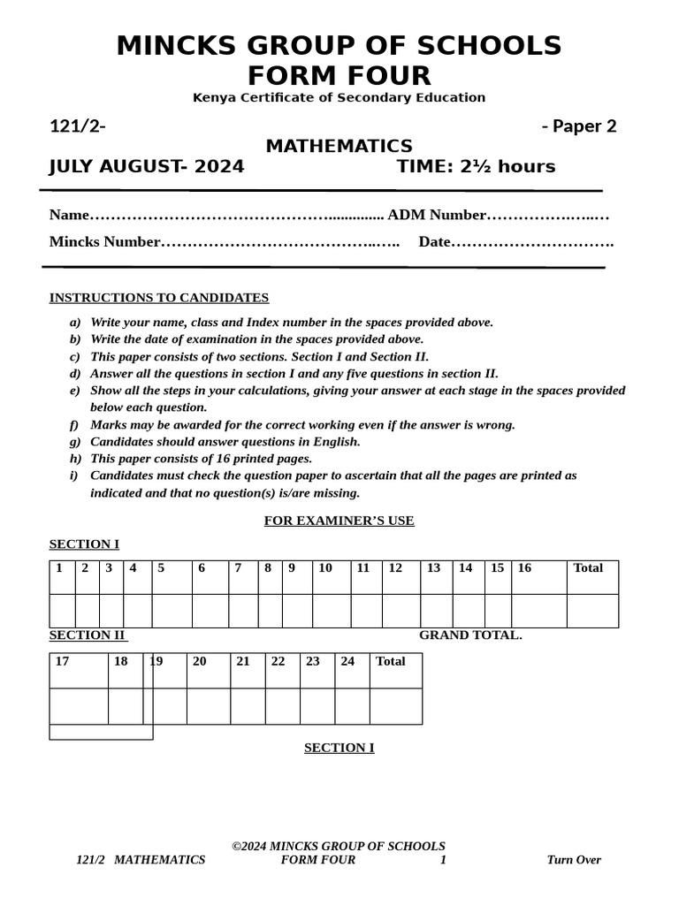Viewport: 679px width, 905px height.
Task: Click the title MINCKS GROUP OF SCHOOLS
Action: [339, 46]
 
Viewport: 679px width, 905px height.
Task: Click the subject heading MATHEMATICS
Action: [339, 146]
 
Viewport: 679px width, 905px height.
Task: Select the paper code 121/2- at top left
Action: [78, 126]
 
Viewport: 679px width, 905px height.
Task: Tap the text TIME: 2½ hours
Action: [476, 167]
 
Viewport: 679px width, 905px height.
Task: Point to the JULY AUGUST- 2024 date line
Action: [147, 167]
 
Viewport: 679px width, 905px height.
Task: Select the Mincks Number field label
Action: [105, 242]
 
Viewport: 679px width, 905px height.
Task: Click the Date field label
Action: [435, 242]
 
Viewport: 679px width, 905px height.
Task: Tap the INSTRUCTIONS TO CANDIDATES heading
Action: [159, 298]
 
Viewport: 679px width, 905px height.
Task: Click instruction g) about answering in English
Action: [225, 442]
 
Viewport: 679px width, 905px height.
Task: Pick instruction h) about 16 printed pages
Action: [201, 459]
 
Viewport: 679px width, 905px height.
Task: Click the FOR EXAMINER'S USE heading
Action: [339, 521]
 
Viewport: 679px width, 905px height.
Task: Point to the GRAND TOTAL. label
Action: [470, 635]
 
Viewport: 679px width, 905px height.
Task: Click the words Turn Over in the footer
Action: [574, 860]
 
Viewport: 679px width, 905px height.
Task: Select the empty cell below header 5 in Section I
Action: [172, 611]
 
